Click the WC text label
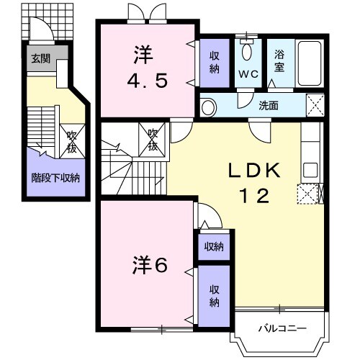coord(248,73)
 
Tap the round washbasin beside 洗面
coord(208,108)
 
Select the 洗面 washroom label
coord(269,105)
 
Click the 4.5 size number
coord(148,80)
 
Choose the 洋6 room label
coord(150,265)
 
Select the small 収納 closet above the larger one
coord(213,246)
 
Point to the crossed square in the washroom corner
coord(314,106)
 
